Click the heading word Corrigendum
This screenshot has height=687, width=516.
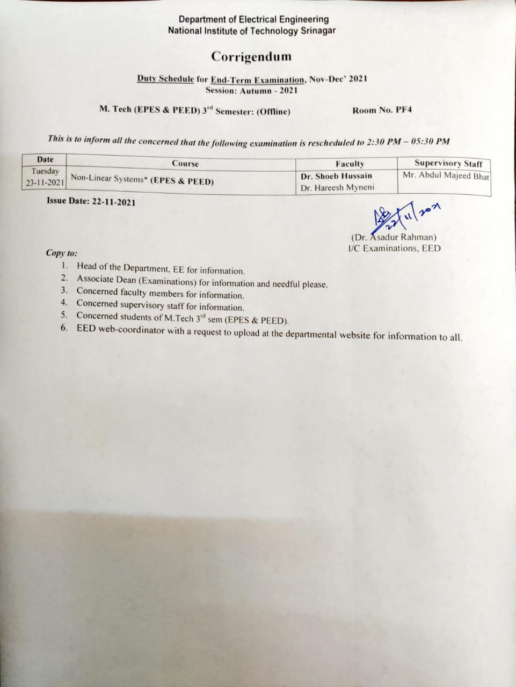[x=251, y=56]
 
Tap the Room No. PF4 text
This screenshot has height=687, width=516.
[x=382, y=111]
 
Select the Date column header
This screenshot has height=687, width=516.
[x=45, y=159]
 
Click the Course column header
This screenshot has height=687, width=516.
[x=185, y=164]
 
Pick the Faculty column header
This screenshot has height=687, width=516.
[x=350, y=164]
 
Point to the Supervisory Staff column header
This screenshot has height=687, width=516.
[x=448, y=163]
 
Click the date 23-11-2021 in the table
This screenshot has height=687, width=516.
[x=45, y=183]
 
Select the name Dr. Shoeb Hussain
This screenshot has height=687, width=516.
[x=336, y=176]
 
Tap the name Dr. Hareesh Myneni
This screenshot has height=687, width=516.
[x=337, y=188]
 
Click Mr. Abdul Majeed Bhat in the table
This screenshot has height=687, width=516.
[x=446, y=176]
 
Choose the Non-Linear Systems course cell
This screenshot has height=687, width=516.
[x=142, y=179]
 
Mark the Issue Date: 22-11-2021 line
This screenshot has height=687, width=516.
[x=91, y=202]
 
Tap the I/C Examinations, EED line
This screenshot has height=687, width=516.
[x=394, y=248]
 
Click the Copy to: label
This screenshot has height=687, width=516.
[x=61, y=253]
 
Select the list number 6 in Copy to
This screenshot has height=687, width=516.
[x=64, y=328]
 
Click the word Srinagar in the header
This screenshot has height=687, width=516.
[x=317, y=31]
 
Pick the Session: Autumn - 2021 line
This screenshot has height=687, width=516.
[x=251, y=90]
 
